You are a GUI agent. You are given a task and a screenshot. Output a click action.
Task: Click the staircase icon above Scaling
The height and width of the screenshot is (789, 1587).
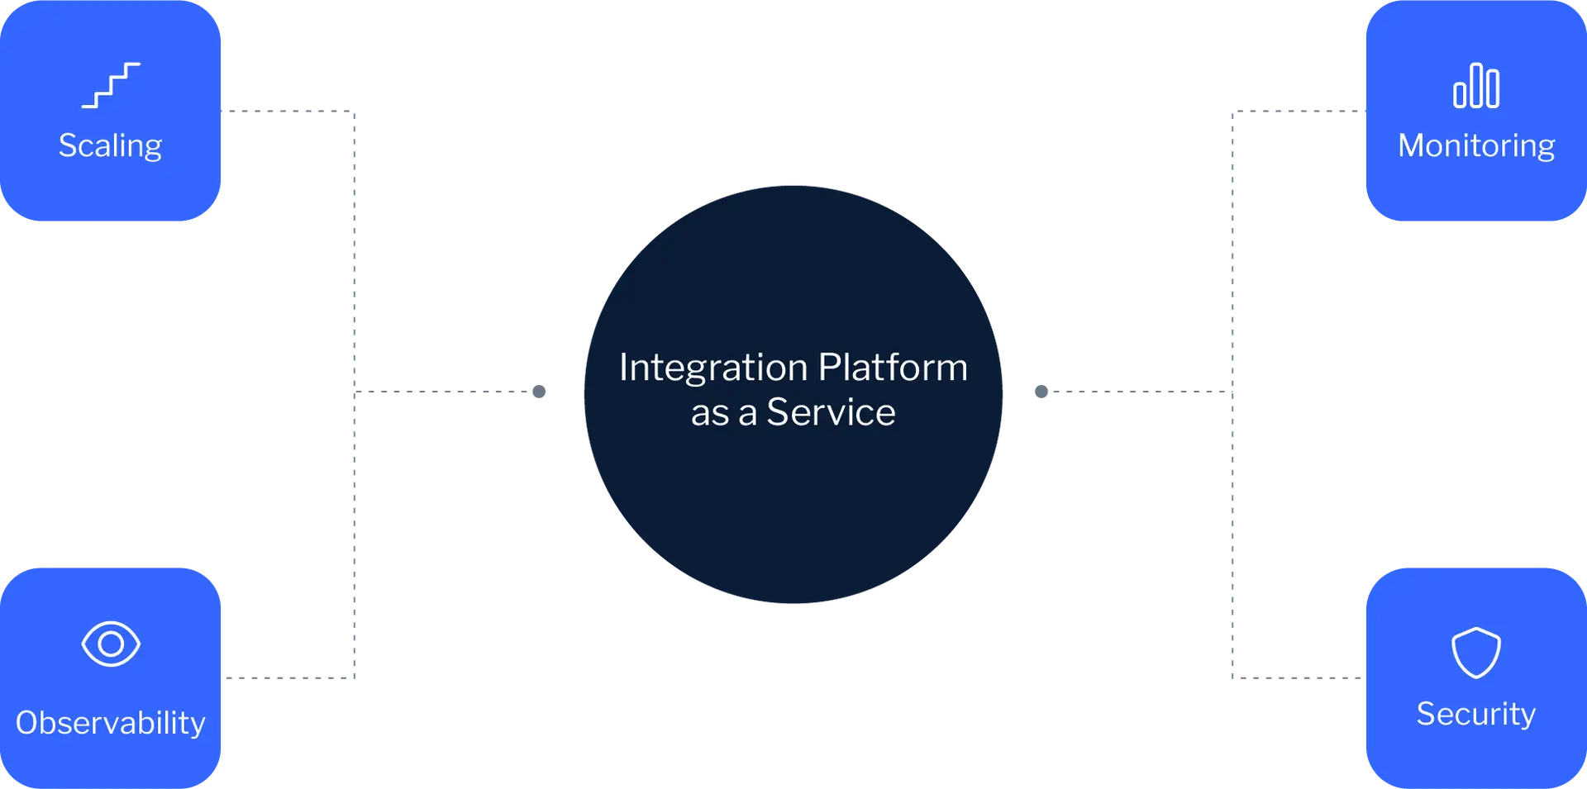pos(111,85)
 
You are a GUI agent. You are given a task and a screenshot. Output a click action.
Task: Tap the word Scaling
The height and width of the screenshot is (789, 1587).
pos(110,146)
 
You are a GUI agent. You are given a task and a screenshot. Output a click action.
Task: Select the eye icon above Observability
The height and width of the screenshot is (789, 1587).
pos(111,644)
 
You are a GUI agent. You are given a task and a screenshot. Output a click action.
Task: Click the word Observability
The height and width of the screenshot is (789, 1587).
pos(110,723)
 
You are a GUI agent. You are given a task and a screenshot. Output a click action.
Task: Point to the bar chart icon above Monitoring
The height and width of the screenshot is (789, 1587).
pos(1476,86)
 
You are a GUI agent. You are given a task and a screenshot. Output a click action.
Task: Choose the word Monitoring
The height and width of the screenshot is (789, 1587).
pos(1476,146)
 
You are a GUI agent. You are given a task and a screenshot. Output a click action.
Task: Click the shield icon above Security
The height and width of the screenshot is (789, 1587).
pos(1476,653)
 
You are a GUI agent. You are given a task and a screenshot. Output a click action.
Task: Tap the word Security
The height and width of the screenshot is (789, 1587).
pos(1476,714)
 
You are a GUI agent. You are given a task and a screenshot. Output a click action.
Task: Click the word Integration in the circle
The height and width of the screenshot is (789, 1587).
pos(712,368)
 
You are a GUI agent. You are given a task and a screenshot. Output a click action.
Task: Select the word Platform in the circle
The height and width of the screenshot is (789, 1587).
pos(893,368)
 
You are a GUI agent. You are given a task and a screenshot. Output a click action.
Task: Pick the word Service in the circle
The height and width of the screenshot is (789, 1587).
pos(831,412)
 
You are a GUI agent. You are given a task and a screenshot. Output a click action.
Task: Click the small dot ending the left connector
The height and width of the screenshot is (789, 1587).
pos(539,392)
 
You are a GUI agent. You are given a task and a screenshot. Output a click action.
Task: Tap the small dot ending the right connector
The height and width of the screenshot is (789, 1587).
pos(1042,392)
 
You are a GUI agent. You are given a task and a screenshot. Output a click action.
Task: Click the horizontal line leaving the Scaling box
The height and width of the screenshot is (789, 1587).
pos(289,108)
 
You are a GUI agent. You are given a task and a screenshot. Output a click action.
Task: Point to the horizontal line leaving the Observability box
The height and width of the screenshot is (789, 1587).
pos(289,677)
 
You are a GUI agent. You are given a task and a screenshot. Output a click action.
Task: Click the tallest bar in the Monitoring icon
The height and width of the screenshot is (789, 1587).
pos(1476,85)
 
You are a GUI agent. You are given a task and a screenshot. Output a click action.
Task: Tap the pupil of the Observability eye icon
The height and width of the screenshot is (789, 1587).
pos(111,644)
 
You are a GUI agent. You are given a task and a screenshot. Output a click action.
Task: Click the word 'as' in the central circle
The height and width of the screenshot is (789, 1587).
pos(710,413)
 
